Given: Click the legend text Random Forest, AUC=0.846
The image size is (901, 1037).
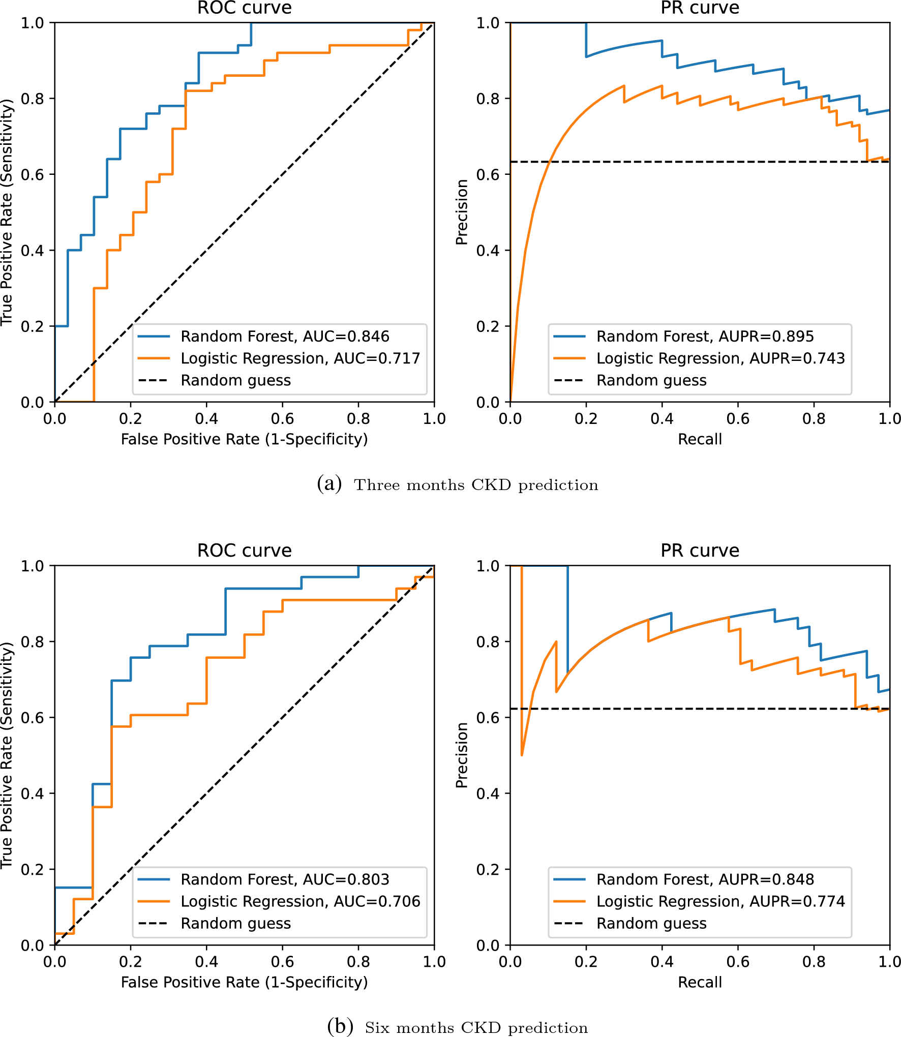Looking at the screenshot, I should pyautogui.click(x=285, y=337).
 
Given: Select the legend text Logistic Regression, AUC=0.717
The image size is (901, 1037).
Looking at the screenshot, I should pyautogui.click(x=300, y=358).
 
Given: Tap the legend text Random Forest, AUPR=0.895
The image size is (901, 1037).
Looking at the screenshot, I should pyautogui.click(x=705, y=337).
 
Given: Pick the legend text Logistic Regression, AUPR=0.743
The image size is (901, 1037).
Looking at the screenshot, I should pyautogui.click(x=720, y=358).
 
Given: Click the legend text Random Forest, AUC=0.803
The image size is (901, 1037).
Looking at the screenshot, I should pyautogui.click(x=285, y=879).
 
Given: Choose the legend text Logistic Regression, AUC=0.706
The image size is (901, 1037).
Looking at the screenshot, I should pyautogui.click(x=300, y=901).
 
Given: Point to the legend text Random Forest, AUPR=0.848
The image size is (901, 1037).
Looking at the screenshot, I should pyautogui.click(x=705, y=879).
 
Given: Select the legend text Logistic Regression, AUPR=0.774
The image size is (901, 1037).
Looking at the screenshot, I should pyautogui.click(x=720, y=901).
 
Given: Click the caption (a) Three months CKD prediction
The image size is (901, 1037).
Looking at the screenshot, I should pyautogui.click(x=458, y=484).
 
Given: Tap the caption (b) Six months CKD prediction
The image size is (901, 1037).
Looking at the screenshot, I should pyautogui.click(x=458, y=1027).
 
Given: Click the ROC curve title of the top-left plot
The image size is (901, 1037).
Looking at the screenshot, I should pyautogui.click(x=245, y=8).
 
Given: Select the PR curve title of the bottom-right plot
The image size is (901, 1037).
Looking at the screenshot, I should pyautogui.click(x=700, y=551).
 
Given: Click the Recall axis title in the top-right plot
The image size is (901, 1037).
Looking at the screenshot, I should pyautogui.click(x=700, y=439).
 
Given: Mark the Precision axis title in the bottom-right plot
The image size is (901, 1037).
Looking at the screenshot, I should pyautogui.click(x=462, y=755).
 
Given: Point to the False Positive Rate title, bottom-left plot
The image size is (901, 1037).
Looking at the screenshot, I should pyautogui.click(x=245, y=982).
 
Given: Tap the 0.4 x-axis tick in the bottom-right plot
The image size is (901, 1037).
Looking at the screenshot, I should pyautogui.click(x=662, y=962).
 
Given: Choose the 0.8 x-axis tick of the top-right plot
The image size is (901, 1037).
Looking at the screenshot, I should pyautogui.click(x=814, y=419).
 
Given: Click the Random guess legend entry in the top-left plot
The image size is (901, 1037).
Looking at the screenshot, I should pyautogui.click(x=235, y=380).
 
